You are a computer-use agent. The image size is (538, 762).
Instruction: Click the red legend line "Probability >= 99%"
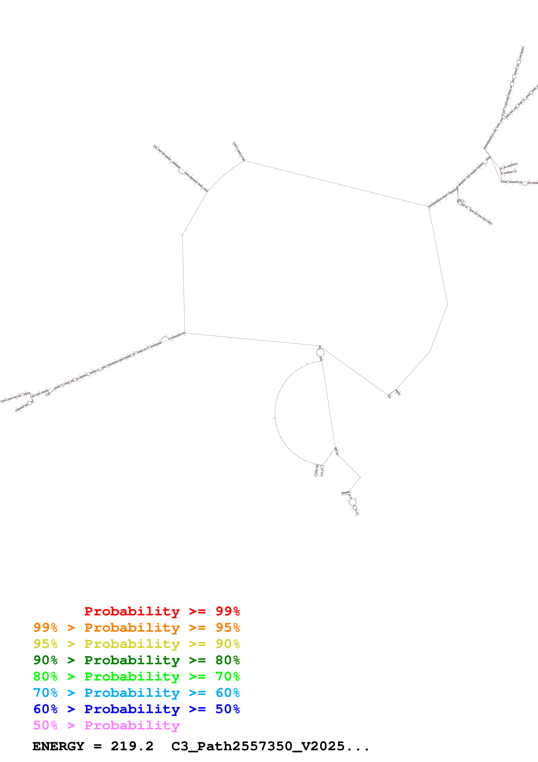point(162,611)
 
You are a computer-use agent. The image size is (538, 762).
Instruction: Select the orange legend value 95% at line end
point(227,628)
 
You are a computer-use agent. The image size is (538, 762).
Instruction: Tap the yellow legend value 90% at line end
point(227,644)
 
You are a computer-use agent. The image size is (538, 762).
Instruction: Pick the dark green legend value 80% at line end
point(227,660)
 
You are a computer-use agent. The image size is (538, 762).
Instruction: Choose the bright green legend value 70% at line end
point(227,676)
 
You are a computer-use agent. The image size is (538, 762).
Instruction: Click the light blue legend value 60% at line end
point(227,693)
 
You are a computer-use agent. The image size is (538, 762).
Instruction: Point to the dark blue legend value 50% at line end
point(227,709)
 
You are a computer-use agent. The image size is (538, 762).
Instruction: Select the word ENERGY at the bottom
point(58,746)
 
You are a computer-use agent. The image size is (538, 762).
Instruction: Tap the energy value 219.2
point(132,746)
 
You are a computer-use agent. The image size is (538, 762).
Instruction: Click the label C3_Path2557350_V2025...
point(258,746)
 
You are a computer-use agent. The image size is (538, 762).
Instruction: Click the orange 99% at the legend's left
point(45,628)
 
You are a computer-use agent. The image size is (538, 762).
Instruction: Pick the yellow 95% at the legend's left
point(45,644)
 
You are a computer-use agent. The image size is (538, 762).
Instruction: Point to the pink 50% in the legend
point(45,725)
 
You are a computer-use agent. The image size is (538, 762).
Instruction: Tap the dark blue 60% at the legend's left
point(45,709)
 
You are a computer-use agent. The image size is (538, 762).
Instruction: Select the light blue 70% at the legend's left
point(45,693)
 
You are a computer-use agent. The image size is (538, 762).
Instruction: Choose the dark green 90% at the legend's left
point(45,660)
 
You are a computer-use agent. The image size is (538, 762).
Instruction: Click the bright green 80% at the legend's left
point(45,676)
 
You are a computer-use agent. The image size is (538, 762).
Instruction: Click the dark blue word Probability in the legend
point(132,709)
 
